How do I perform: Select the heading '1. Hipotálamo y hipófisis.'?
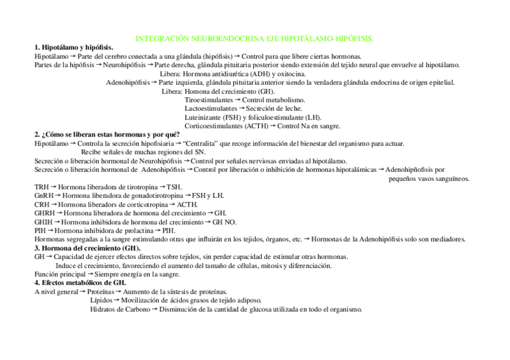[74, 47]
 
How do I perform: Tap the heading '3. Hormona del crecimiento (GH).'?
[87, 248]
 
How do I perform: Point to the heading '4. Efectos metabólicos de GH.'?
[80, 282]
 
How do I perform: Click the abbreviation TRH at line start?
[41, 187]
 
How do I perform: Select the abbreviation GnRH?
[44, 195]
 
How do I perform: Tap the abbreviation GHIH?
[44, 222]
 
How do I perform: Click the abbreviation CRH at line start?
[41, 204]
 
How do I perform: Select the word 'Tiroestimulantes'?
[208, 100]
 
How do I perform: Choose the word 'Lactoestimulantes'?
[211, 108]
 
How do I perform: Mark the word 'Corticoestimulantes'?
[214, 126]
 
